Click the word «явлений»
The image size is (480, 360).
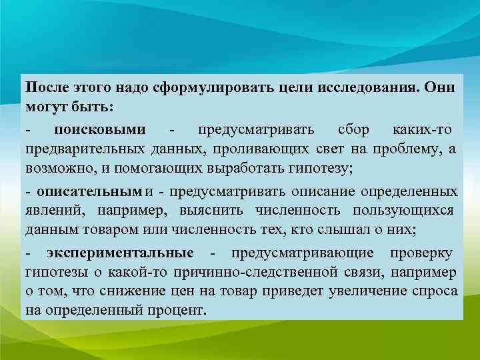(x=51, y=211)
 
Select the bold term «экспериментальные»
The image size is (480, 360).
(x=120, y=253)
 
